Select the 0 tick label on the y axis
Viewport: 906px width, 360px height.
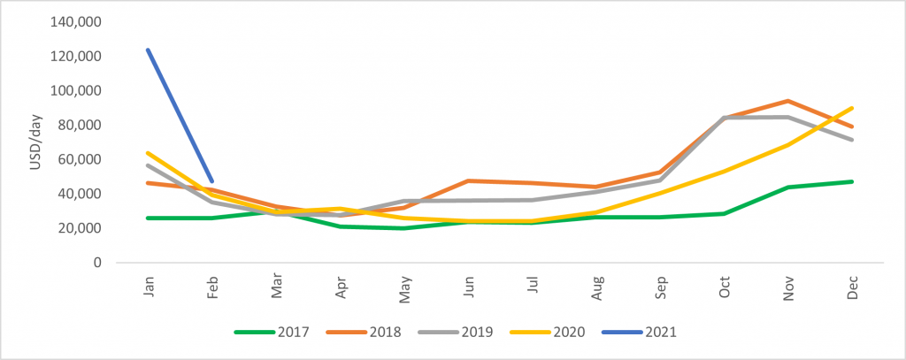[98, 263]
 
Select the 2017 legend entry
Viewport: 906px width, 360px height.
[276, 333]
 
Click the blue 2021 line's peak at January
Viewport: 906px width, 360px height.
[147, 50]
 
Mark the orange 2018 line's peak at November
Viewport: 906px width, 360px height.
[787, 101]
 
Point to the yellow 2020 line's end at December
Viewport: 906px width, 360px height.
[852, 108]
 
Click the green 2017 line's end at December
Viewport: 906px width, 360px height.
[852, 181]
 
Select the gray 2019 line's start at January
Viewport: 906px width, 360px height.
[147, 165]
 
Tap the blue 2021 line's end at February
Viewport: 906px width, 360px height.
[211, 181]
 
